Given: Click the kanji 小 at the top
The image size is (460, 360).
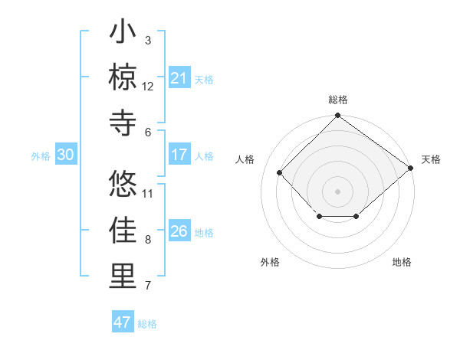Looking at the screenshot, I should click(123, 33).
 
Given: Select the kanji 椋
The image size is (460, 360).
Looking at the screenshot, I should click(123, 77).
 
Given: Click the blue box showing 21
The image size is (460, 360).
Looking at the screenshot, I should click(179, 78).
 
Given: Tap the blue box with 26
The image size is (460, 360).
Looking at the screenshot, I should click(179, 232).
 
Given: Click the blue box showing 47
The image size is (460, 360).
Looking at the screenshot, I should click(123, 322).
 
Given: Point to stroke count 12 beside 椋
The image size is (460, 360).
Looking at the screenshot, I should click(148, 86).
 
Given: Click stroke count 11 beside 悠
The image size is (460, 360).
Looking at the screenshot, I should click(148, 193).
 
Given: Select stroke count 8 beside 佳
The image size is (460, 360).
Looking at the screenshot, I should click(148, 240).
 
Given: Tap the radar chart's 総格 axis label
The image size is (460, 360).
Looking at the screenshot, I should click(337, 100).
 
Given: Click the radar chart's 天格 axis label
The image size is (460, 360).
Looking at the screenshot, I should click(431, 159).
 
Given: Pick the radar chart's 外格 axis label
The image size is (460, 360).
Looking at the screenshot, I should click(270, 262).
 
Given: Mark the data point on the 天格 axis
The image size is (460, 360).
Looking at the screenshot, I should click(411, 168).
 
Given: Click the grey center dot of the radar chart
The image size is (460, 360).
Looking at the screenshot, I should click(337, 191).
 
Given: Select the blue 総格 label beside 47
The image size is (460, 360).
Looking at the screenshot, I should click(148, 324).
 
